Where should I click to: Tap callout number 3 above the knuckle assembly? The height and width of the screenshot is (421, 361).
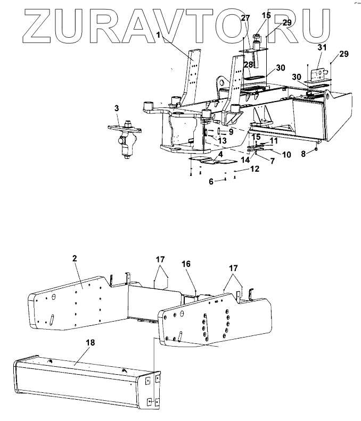[116, 108]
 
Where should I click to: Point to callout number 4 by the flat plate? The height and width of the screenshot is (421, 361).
[218, 155]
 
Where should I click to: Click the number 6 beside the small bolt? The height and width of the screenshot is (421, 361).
[210, 181]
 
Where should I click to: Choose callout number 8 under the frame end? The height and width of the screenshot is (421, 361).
[303, 154]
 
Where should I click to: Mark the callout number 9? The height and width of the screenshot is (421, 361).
[231, 132]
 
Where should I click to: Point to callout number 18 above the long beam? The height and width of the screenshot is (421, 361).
[91, 343]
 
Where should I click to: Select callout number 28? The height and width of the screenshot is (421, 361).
[248, 64]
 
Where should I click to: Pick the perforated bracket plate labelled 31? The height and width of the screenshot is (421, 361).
[321, 75]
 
